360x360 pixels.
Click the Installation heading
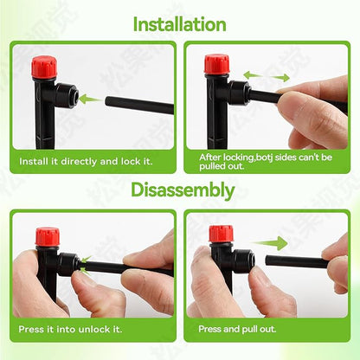tap(179, 23)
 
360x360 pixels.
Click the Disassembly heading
tap(179, 190)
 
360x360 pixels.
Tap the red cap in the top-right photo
tap(217, 64)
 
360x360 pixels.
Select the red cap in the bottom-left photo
tap(48, 236)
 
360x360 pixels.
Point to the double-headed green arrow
tap(266, 76)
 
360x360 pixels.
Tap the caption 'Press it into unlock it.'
tap(71, 329)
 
